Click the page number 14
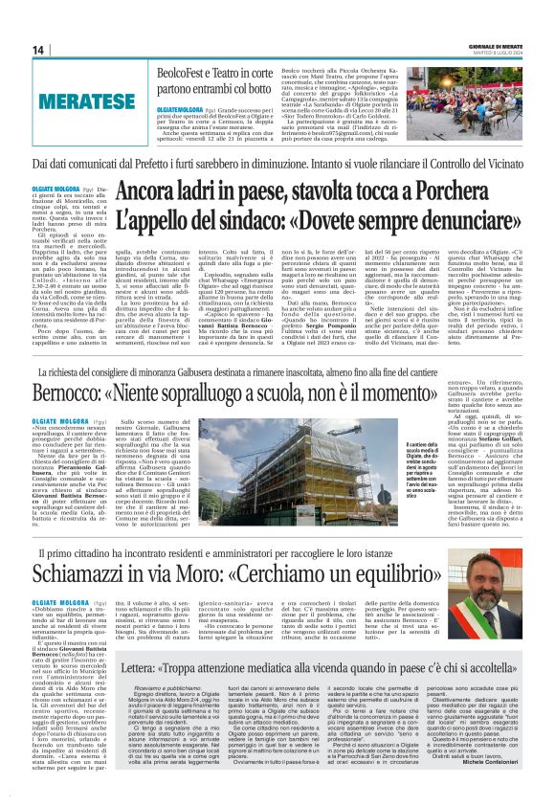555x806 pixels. point(38,50)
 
